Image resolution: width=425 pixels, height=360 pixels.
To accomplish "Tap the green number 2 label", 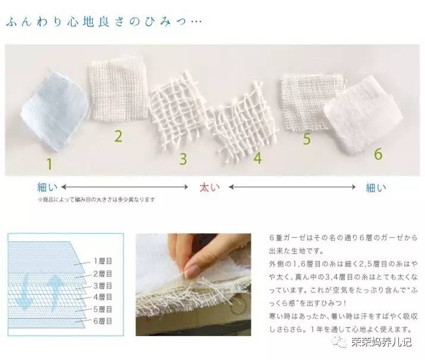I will coord(118,136).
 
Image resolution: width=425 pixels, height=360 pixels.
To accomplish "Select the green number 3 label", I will coord(184,159).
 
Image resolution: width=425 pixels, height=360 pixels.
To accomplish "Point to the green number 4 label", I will coord(257,158).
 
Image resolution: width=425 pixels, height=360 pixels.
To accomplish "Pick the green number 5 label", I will coord(307,139).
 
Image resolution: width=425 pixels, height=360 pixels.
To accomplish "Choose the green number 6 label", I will coord(377,153).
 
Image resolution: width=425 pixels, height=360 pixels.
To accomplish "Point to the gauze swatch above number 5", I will coord(306,98).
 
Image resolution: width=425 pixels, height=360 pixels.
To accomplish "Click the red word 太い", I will coord(209,187).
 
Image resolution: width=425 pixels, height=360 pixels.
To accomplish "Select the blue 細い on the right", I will coord(376,187).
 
